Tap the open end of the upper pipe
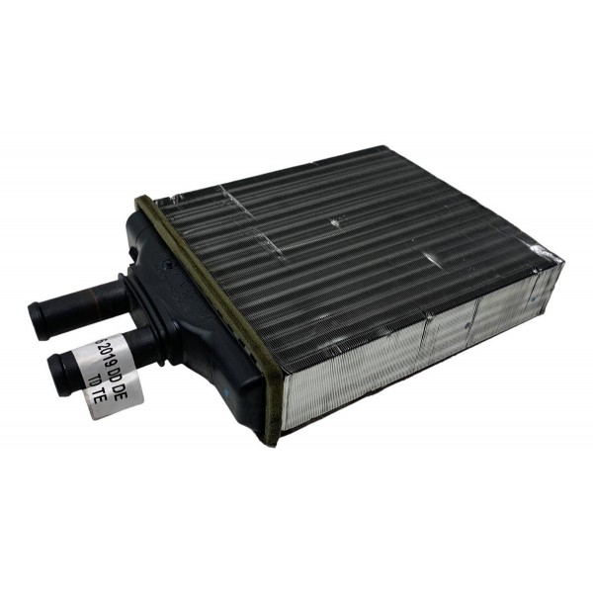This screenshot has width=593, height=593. pos(40,318)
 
